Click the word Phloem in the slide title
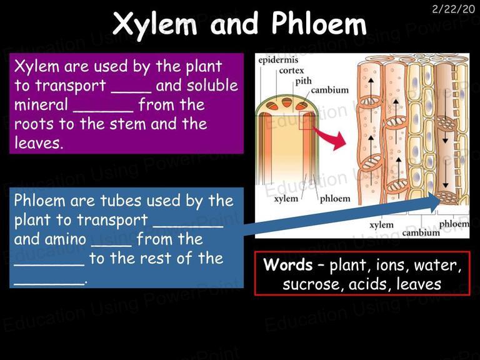(x=319, y=23)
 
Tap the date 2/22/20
(x=453, y=9)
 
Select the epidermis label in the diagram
(x=278, y=60)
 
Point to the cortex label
(x=291, y=71)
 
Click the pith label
(x=303, y=81)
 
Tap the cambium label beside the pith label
(x=330, y=90)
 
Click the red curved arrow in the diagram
(x=330, y=137)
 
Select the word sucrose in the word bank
(x=311, y=284)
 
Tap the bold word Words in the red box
(x=287, y=264)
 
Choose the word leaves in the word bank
(x=419, y=284)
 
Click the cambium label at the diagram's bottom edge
(x=421, y=233)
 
